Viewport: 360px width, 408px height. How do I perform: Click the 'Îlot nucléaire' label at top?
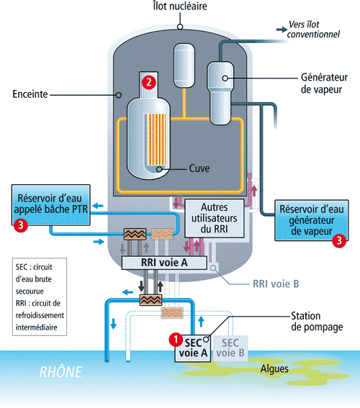(179, 8)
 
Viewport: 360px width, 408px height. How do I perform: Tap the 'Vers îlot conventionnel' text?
(315, 30)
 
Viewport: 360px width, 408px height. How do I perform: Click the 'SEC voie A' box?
(191, 348)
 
